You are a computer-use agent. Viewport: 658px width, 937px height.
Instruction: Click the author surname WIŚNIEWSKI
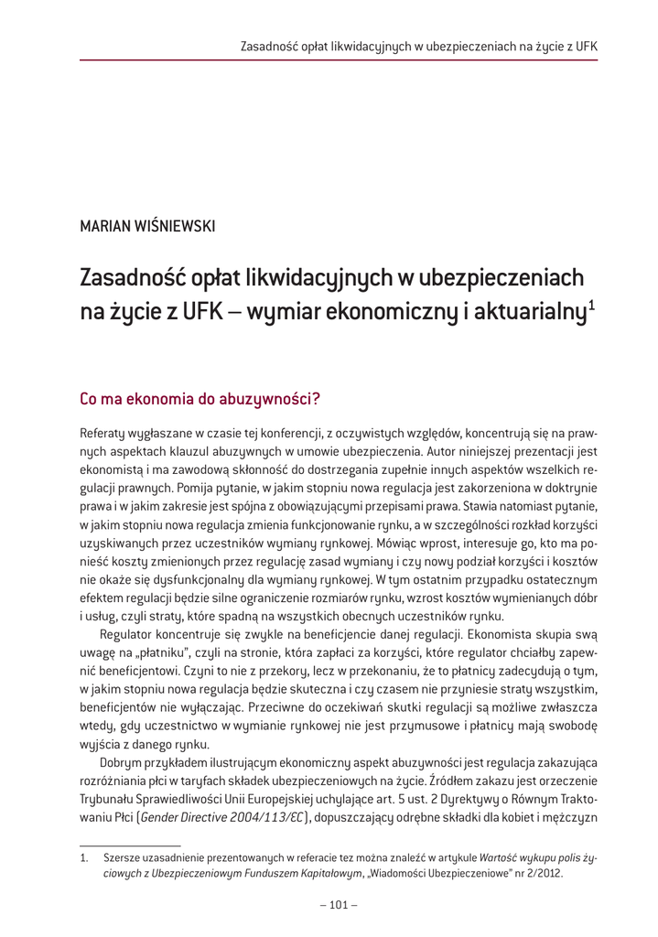pyautogui.click(x=174, y=225)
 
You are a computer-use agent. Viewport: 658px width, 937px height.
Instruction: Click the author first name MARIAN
pyautogui.click(x=105, y=225)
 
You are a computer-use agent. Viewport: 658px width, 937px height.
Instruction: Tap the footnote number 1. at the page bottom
pyautogui.click(x=84, y=858)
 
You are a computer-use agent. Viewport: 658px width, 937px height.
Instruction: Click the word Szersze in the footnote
pyautogui.click(x=122, y=858)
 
